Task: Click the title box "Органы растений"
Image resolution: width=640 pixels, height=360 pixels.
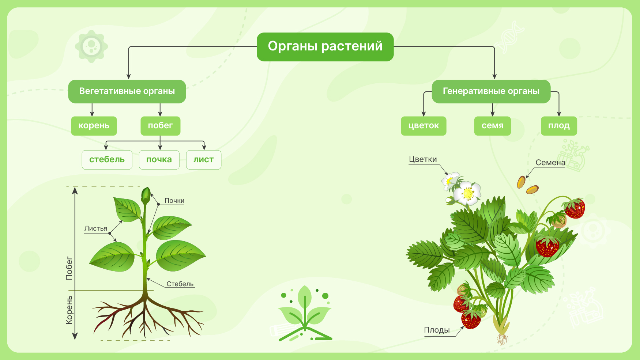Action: pos(325,47)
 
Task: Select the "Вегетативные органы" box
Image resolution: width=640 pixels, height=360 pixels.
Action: pos(127,91)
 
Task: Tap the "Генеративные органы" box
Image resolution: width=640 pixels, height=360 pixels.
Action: pos(491,91)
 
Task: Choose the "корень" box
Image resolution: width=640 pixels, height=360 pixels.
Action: pos(94,126)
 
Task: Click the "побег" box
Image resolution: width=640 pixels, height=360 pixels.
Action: pos(161,126)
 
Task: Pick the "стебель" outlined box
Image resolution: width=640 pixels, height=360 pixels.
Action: pos(107,160)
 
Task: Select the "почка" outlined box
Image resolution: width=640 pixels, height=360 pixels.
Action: pos(159,160)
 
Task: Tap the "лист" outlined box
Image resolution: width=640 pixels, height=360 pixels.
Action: pos(204,160)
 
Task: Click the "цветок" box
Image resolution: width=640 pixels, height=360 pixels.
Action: pos(423,126)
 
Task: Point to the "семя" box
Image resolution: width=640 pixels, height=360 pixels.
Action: pos(493,126)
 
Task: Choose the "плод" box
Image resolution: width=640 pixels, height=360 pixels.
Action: pos(559,126)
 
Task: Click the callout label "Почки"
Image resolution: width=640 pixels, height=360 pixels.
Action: pos(174,201)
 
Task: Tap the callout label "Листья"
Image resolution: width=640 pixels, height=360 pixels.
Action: pos(96,228)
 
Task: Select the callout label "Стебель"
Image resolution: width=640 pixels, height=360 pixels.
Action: pos(180,284)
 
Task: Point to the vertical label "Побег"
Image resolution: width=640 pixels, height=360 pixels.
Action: pos(69,268)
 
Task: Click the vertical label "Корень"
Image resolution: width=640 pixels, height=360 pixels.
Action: pos(69,310)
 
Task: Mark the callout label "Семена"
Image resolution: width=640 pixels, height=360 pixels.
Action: pos(550,163)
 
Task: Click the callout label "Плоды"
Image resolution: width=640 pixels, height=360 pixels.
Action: pos(437,330)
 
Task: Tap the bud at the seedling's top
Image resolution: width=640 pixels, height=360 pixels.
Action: pos(146,196)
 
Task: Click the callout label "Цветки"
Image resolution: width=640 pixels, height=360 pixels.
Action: pos(423,159)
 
